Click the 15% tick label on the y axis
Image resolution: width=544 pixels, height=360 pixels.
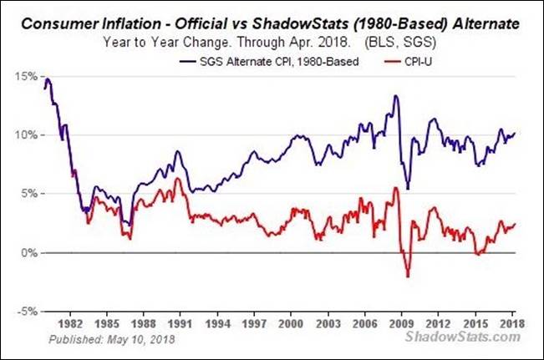point(24,76)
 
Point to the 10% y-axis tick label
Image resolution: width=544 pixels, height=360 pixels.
point(24,135)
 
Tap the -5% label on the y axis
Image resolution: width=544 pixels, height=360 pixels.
point(24,311)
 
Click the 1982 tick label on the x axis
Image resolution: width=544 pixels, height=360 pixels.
point(72,322)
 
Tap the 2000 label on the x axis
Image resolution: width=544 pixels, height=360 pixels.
point(291,322)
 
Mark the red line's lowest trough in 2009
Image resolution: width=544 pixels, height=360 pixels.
point(408,276)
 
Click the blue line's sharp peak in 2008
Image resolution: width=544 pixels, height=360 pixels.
point(395,96)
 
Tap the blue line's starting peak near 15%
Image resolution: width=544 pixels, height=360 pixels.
point(48,79)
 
